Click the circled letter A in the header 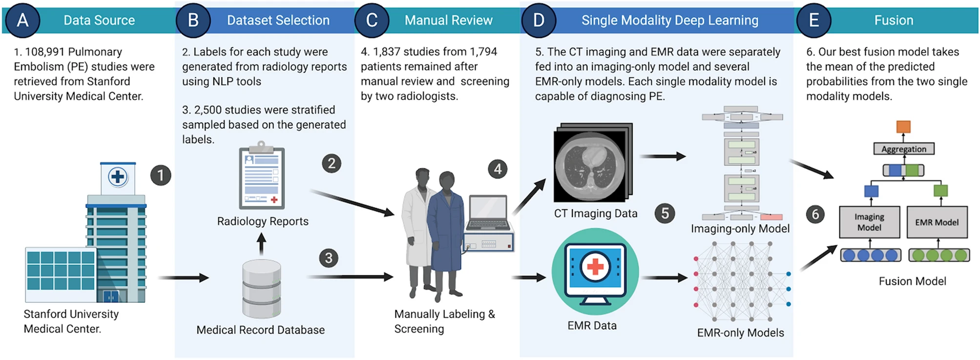point(22,21)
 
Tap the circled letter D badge point(539,21)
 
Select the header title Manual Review point(448,21)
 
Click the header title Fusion point(893,21)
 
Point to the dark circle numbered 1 point(161,175)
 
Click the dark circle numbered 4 point(498,169)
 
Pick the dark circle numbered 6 point(815,214)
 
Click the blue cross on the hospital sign point(118,177)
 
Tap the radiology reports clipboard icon point(262,177)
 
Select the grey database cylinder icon point(262,288)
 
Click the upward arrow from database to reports point(262,243)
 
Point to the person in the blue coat point(445,230)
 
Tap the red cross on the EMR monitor point(595,267)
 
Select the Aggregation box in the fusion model point(903,149)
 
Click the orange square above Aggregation point(903,127)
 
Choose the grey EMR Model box point(937,222)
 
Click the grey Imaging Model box point(869,222)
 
